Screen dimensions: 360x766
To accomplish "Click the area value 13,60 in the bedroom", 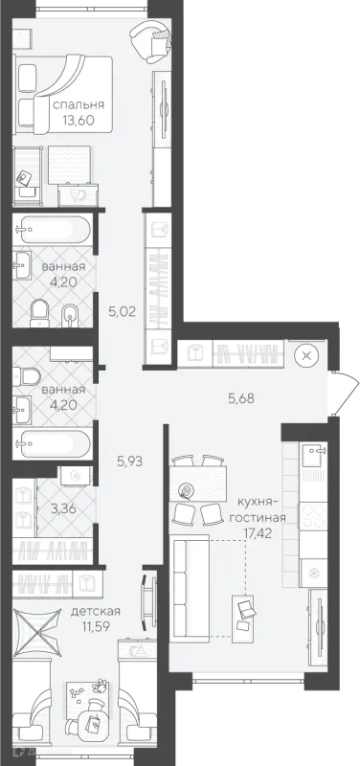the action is point(79,120).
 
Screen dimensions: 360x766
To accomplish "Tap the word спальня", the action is point(79,104).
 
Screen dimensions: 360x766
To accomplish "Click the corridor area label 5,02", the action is point(122,312).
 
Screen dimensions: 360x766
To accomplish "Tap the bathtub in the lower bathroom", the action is point(53,443).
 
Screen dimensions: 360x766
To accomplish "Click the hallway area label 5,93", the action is point(130,461).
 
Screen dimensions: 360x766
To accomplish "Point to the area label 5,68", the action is point(241,398).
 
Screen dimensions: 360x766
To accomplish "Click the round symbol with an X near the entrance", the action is point(306,355).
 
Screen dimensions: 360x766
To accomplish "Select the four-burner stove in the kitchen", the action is point(313,516).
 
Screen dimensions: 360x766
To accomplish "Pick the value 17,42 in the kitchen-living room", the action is point(257,532).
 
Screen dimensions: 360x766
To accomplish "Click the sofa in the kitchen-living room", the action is point(190,588).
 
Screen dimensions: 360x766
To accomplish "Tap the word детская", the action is point(95,611).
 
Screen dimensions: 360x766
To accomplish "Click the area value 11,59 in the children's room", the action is point(96,625).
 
